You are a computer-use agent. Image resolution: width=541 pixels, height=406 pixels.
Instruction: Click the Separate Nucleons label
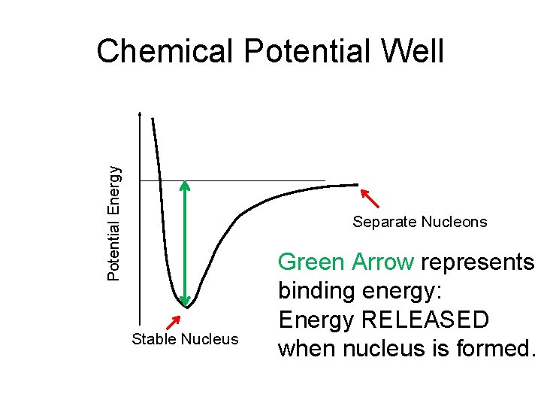pos(420,222)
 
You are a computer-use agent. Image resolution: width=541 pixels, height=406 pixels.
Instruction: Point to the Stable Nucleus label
pos(184,339)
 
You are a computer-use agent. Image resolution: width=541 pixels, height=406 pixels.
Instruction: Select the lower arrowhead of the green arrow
pos(186,301)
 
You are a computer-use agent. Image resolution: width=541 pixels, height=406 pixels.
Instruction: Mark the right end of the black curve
pos(358,185)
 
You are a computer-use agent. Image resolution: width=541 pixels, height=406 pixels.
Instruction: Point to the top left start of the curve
pos(153,119)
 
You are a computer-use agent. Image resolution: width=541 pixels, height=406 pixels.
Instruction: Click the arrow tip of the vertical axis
pos(140,113)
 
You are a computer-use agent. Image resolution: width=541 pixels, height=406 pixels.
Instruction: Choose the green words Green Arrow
pos(346,262)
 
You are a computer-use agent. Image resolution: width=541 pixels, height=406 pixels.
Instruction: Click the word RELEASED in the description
pos(425,320)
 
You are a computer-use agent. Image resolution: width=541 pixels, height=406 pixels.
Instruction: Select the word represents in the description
pos(477,262)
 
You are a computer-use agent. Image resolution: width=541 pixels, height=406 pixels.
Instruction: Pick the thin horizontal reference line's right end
pos(325,180)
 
